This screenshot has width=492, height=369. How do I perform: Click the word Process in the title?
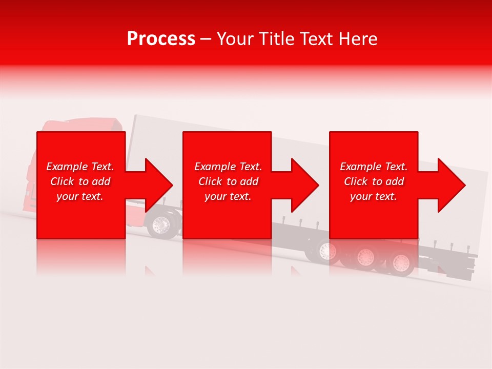pyautogui.click(x=161, y=39)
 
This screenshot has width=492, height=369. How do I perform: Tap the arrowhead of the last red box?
pyautogui.click(x=450, y=185)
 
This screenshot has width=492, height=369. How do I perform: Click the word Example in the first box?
pyautogui.click(x=68, y=167)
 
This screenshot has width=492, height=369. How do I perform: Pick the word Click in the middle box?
pyautogui.click(x=210, y=181)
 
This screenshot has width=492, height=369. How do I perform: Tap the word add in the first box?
pyautogui.click(x=101, y=181)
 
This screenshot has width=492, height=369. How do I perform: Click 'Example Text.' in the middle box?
pyautogui.click(x=228, y=167)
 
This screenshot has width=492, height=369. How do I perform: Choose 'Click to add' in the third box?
pyautogui.click(x=374, y=181)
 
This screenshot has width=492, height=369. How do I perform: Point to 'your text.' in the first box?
pyautogui.click(x=80, y=196)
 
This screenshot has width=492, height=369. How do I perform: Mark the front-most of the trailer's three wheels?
pyautogui.click(x=326, y=251)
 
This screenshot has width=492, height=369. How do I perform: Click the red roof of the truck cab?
pyautogui.click(x=82, y=126)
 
